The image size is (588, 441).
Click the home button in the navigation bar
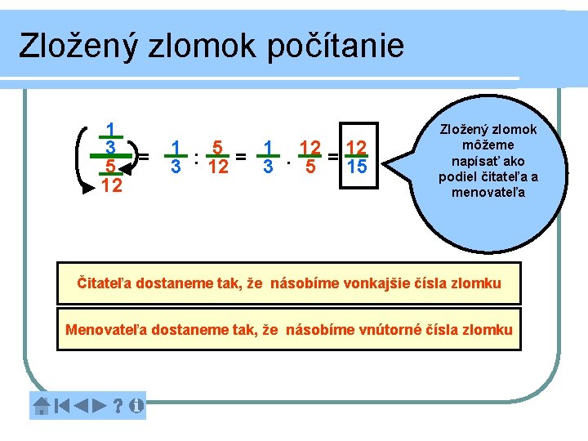click(x=41, y=405)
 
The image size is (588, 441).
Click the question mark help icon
click(x=118, y=405)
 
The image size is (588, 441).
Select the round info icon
click(x=136, y=405)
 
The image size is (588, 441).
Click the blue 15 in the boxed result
click(x=355, y=167)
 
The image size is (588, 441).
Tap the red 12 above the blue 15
click(x=355, y=148)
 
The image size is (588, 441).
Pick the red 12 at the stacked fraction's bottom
click(x=112, y=186)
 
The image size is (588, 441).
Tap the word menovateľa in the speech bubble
click(x=488, y=193)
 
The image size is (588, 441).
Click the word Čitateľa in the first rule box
click(x=105, y=283)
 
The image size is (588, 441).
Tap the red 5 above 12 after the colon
click(x=216, y=148)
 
